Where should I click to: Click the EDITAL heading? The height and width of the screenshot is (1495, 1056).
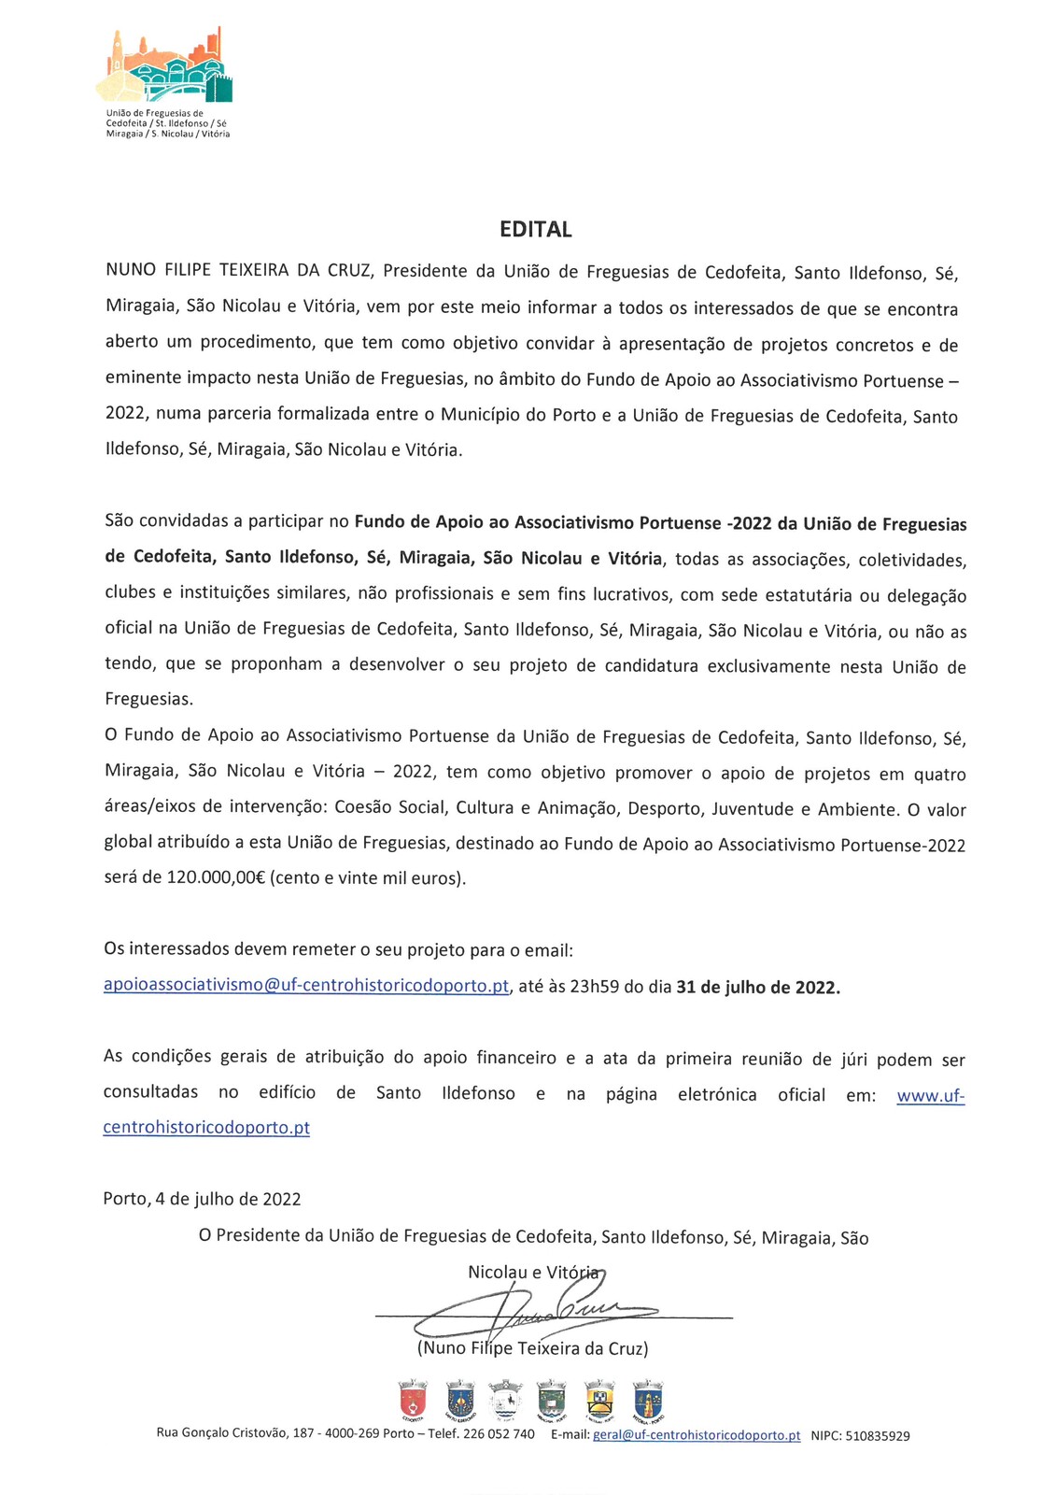click(535, 229)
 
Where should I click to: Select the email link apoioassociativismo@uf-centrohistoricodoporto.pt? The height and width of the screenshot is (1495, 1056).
click(306, 986)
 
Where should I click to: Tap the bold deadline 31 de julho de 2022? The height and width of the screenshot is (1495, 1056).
click(758, 987)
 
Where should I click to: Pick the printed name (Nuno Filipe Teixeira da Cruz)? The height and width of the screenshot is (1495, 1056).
click(532, 1348)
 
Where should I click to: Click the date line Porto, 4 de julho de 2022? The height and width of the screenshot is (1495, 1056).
click(202, 1199)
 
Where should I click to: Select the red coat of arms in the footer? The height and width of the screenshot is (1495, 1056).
click(413, 1400)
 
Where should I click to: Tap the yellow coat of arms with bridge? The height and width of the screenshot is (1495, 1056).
click(599, 1400)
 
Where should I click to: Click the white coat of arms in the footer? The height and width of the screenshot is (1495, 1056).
click(505, 1400)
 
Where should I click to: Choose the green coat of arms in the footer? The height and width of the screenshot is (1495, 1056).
click(552, 1400)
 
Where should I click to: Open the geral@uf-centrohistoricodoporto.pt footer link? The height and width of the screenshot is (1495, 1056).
click(697, 1435)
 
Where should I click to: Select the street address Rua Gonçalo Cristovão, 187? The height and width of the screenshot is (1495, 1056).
click(234, 1434)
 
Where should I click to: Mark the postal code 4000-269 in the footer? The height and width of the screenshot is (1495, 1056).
click(352, 1434)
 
